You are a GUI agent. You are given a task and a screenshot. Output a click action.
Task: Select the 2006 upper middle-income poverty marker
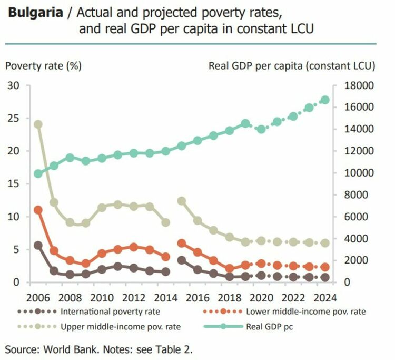pos(38,124)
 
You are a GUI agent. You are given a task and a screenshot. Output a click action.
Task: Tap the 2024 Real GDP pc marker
pos(325,100)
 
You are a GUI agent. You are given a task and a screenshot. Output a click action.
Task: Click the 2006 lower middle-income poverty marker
pos(38,210)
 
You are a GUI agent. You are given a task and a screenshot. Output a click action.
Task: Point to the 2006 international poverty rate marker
pos(38,245)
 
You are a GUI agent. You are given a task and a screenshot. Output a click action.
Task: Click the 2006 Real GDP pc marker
pos(38,173)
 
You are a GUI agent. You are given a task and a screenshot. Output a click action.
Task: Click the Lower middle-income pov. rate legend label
pos(306,311)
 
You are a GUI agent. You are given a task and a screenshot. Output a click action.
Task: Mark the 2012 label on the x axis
pos(134,296)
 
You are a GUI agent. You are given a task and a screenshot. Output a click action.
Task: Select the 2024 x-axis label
pos(325,296)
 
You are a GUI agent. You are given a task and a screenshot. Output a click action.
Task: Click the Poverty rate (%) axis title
pos(43,66)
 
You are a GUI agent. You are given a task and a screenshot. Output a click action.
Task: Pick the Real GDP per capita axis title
pos(292,66)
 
